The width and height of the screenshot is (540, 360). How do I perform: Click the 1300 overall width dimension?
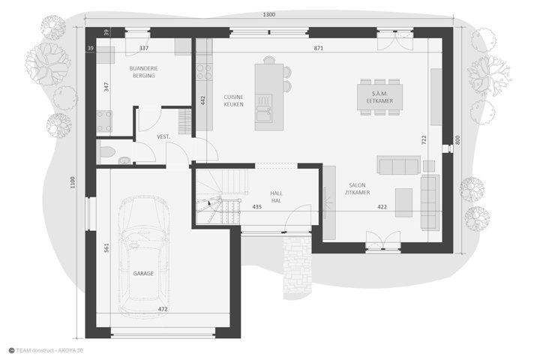269,14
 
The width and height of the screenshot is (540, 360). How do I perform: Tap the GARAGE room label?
143,274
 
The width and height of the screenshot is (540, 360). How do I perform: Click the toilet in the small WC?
106,152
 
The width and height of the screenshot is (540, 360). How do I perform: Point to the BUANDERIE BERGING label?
143,72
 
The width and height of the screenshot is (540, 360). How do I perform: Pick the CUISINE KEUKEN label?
233,100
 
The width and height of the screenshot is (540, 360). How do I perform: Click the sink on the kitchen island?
263,109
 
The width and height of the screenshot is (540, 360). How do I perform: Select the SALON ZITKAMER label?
358,189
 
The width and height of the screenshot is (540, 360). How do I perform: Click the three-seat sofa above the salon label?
398,165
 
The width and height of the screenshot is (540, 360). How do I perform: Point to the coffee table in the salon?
403,202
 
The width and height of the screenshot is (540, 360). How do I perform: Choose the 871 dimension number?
319,48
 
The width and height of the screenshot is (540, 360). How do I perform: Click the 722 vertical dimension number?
424,139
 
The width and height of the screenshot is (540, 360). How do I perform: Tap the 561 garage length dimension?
106,247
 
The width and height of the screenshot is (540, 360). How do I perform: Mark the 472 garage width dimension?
163,309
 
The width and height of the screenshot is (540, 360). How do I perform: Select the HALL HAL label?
276,197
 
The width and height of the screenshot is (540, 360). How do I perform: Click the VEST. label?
163,136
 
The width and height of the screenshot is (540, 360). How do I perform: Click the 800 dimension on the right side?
457,139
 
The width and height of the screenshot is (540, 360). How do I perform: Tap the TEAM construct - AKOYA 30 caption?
46,351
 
